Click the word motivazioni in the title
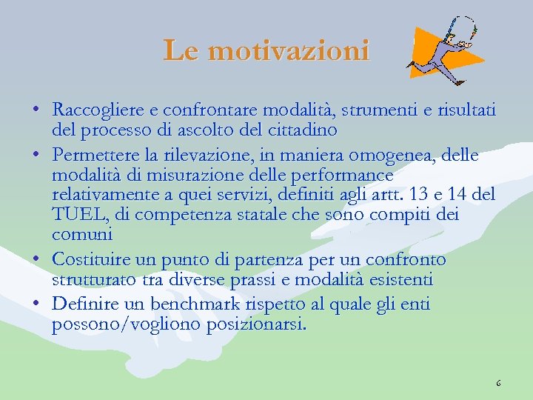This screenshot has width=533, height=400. point(288,50)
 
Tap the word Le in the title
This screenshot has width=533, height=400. point(182,50)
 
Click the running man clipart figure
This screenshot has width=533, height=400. point(444,52)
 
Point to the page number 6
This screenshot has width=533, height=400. point(498,384)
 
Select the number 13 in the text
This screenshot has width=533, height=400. point(411,196)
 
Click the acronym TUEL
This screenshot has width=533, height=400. point(74,215)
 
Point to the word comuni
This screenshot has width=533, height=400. point(81,236)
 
